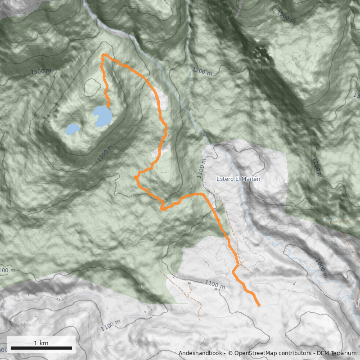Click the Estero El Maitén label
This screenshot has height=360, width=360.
[x=238, y=179]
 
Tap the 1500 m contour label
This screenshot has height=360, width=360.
[x=286, y=17]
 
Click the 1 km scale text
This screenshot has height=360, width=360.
[x=41, y=343]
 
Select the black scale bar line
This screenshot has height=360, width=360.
[x=41, y=348]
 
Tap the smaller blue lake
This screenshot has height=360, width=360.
[x=72, y=130]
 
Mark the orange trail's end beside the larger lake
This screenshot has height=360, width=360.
[x=108, y=106]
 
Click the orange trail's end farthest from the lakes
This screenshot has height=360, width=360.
[x=260, y=306]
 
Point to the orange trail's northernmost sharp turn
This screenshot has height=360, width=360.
[x=103, y=55]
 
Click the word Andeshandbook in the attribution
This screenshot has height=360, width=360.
[x=200, y=353]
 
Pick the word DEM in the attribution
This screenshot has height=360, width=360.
[x=324, y=353]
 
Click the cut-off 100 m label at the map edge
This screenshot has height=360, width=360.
[x=7, y=270]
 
